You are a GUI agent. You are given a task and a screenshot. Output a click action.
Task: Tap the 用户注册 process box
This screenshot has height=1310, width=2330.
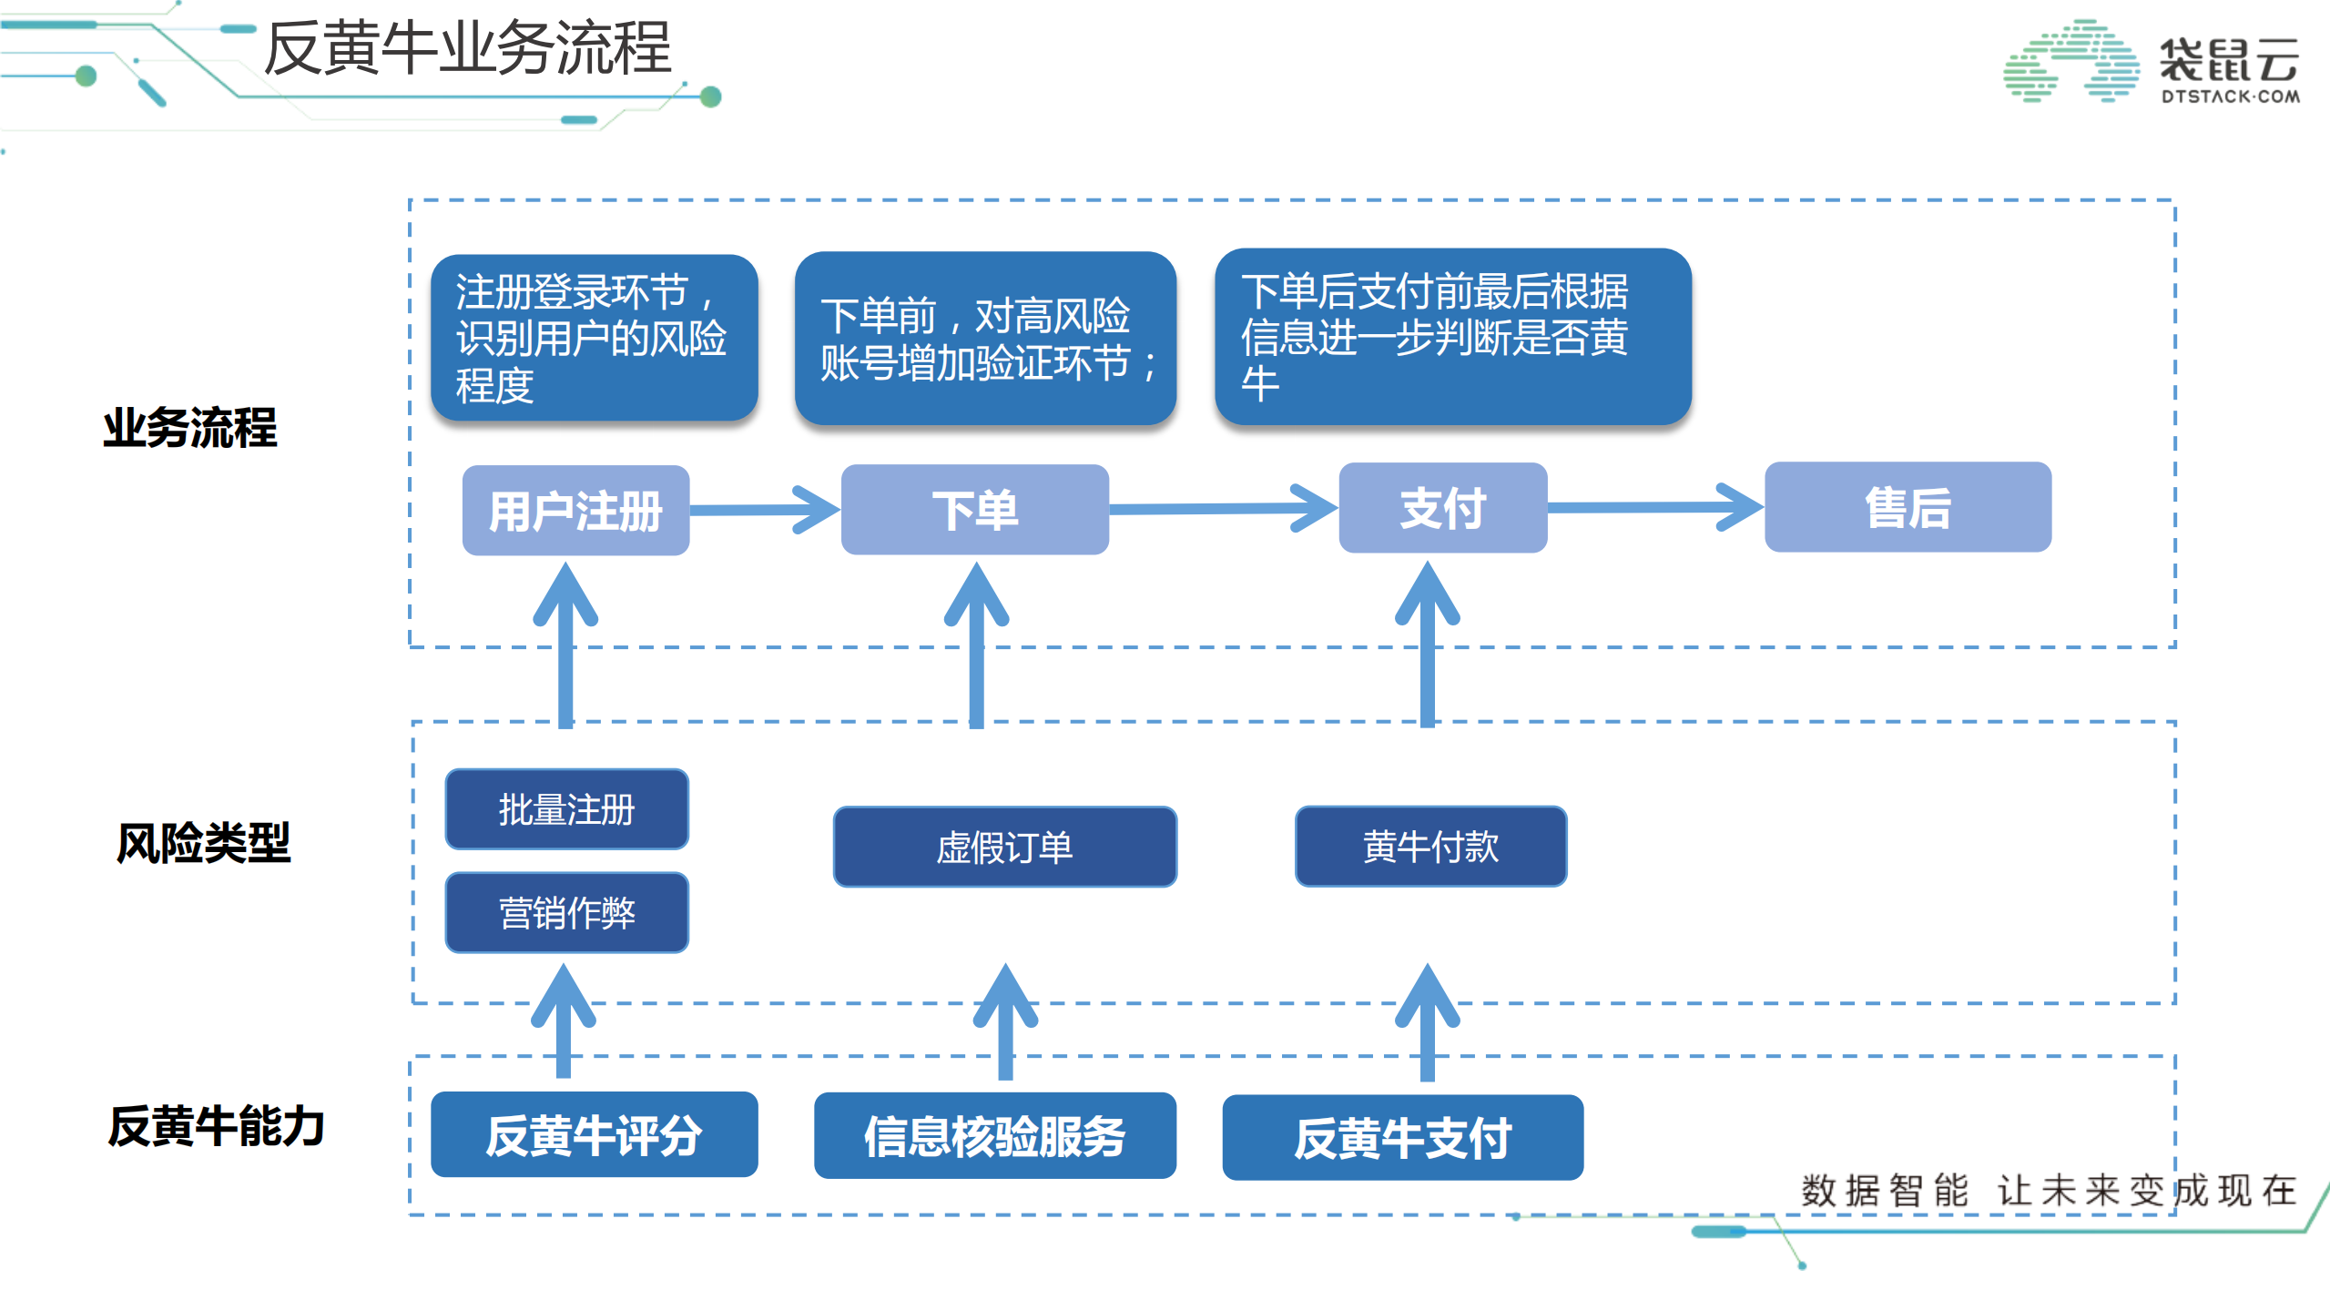click(x=575, y=510)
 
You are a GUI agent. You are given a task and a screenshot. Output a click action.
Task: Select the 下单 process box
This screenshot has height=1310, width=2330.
click(x=974, y=509)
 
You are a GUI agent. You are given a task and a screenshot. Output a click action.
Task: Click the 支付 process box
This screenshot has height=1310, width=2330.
click(x=1442, y=507)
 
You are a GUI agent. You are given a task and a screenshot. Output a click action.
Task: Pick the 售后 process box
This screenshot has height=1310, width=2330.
click(x=1908, y=506)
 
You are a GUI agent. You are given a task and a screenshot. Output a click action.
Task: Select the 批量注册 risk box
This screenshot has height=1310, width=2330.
click(x=566, y=808)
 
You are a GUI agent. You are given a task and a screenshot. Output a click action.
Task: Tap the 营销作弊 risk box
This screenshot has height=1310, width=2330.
click(x=566, y=912)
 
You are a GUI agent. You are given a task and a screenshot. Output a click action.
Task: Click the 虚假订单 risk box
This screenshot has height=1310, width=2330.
click(x=1004, y=847)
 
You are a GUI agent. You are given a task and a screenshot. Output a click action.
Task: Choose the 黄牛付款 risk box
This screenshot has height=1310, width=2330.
click(x=1430, y=846)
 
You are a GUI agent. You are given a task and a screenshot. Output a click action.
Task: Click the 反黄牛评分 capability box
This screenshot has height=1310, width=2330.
click(x=594, y=1134)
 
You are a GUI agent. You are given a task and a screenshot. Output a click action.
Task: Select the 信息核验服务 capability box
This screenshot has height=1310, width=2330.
click(x=994, y=1135)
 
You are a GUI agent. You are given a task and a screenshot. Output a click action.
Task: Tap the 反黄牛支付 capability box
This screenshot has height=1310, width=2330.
click(x=1402, y=1137)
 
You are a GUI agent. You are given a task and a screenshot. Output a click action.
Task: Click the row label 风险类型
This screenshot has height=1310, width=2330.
click(x=203, y=842)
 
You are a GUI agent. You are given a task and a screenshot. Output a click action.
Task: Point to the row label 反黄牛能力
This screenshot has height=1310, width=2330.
click(x=216, y=1126)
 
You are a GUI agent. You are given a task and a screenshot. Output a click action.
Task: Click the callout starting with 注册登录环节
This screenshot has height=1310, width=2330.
click(x=594, y=338)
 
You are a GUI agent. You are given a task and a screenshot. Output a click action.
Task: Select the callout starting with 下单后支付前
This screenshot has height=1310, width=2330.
click(x=1452, y=336)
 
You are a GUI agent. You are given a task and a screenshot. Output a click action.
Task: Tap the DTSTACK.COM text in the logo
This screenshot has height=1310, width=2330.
click(x=2230, y=96)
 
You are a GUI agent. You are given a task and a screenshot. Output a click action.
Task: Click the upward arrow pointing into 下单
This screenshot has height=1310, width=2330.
click(x=976, y=646)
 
